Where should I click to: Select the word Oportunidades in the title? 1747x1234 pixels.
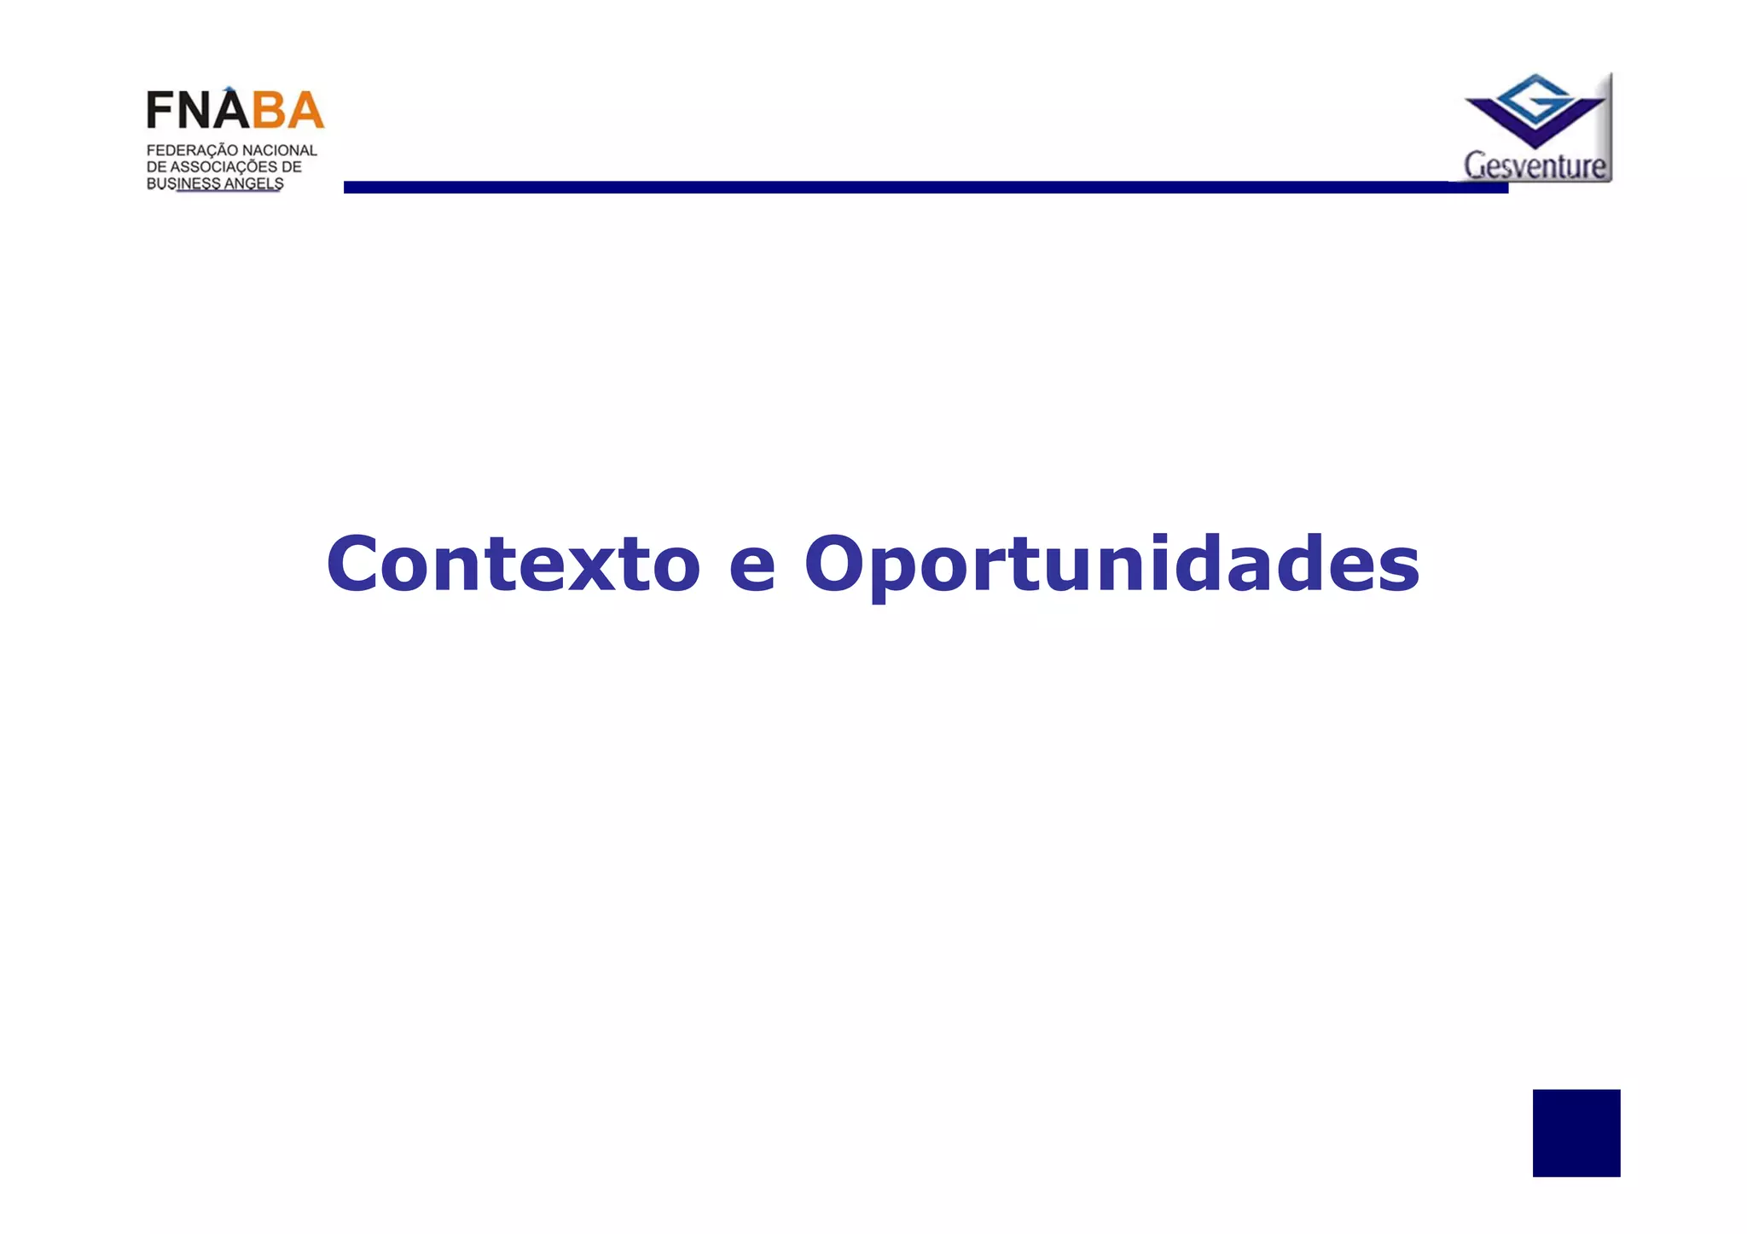coord(1111,565)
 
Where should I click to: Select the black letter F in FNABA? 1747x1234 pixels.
coord(160,111)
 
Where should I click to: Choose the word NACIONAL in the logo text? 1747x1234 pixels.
coord(280,151)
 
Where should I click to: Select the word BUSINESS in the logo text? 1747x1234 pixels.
coord(183,184)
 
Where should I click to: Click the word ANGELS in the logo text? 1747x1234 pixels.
coord(254,184)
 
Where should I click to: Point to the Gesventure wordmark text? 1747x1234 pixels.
coord(1535,165)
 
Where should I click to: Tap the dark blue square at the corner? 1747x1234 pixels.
coord(1576,1133)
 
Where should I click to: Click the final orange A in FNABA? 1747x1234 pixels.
coord(305,111)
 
